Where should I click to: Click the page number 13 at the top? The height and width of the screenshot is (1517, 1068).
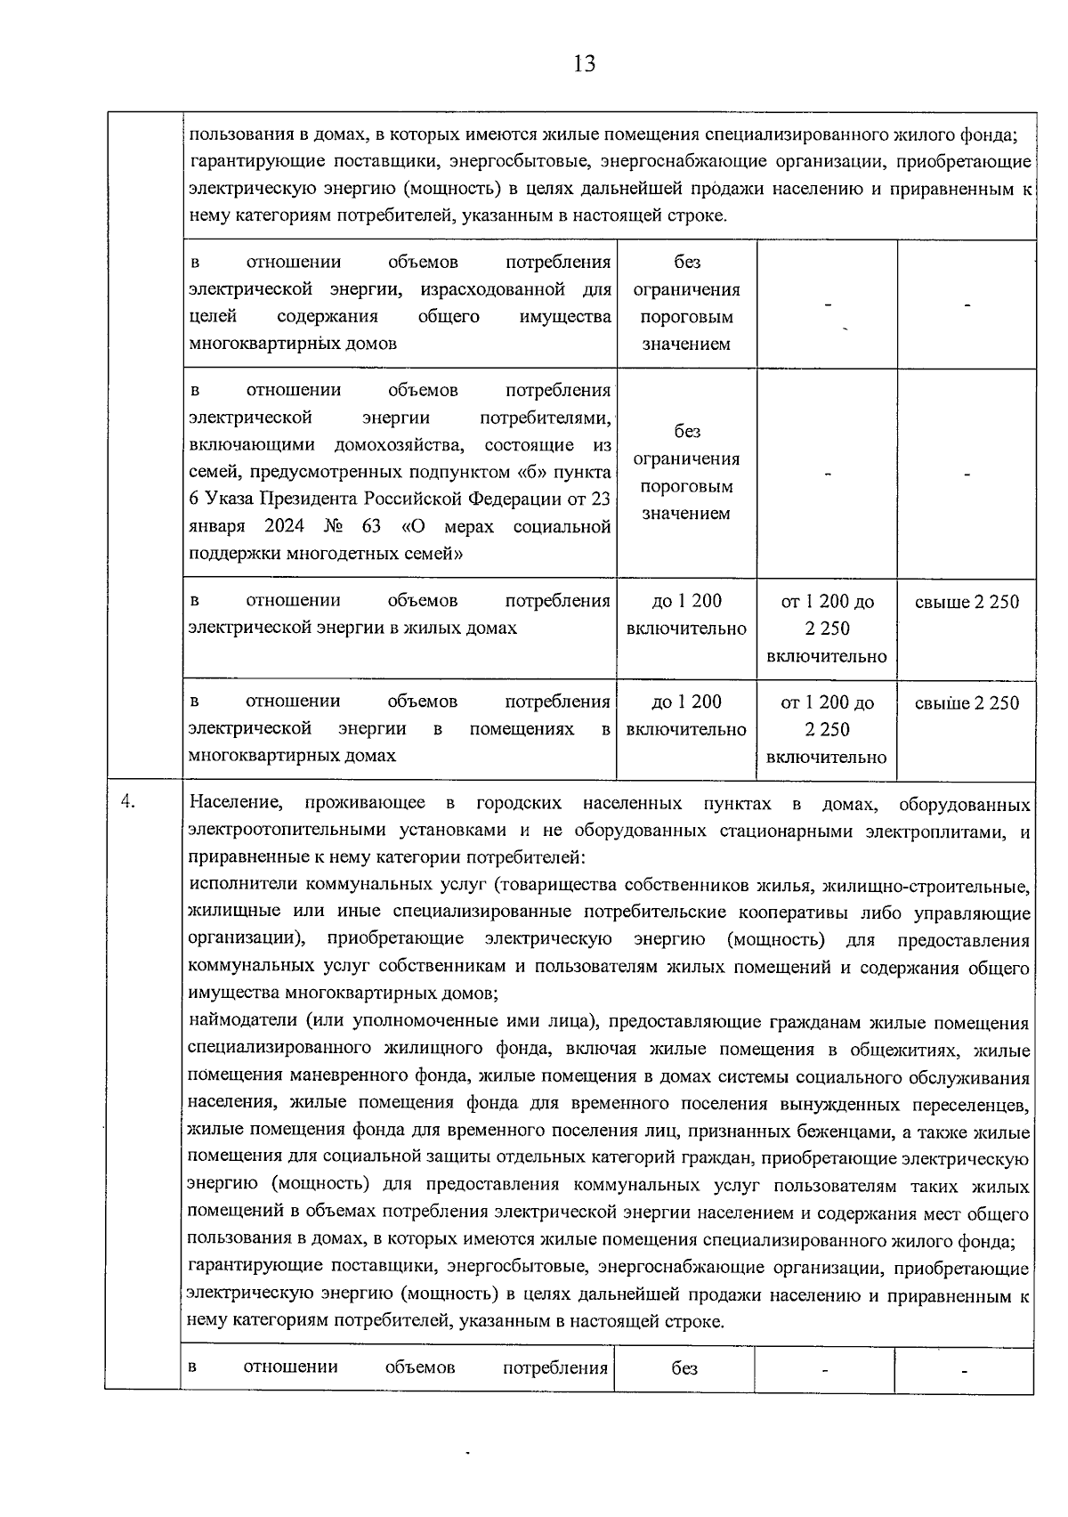pos(585,64)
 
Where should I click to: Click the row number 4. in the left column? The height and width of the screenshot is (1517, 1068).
pos(128,802)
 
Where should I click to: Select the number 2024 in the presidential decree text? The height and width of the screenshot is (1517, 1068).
pos(284,526)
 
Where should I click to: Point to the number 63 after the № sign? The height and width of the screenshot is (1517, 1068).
pos(371,526)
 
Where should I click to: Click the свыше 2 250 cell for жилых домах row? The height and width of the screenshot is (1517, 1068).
pos(967,602)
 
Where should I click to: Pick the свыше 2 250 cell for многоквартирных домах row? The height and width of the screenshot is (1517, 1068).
pos(967,703)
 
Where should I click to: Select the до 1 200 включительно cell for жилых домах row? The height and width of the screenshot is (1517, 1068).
pos(686,615)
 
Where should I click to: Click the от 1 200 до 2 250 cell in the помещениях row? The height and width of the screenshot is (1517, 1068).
pos(827,729)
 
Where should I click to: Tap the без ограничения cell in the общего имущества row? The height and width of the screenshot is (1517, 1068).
pos(686,303)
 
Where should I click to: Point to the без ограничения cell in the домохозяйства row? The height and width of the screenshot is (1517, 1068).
pos(686,473)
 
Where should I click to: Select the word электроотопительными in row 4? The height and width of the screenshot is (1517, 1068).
pos(276,832)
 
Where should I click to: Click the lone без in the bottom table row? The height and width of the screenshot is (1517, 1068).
pos(684,1369)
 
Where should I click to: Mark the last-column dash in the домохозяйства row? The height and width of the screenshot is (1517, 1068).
pos(967,475)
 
